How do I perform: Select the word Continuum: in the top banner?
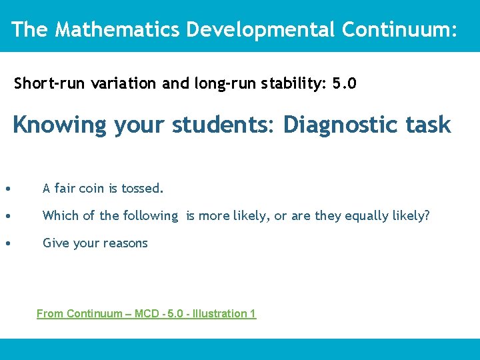pyautogui.click(x=399, y=29)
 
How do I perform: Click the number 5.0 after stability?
pyautogui.click(x=344, y=84)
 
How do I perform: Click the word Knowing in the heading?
pyautogui.click(x=59, y=125)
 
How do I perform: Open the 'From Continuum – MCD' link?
pyautogui.click(x=146, y=313)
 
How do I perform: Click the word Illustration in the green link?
pyautogui.click(x=220, y=313)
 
